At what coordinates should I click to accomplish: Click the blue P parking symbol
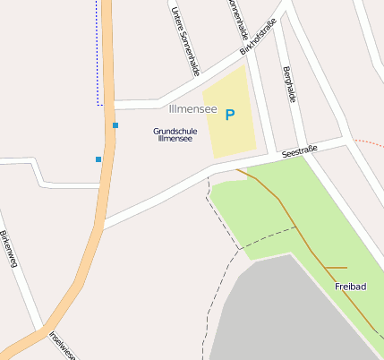point(230,115)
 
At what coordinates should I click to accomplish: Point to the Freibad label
point(350,287)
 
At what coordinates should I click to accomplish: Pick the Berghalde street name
point(288,84)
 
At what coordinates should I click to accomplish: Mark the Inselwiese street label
point(63,346)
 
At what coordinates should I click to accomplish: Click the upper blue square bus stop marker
point(115,125)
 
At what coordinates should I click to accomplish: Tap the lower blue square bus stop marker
point(98,159)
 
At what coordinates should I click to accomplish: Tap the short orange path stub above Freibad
point(336,268)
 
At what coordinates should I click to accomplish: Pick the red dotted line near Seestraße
point(367,142)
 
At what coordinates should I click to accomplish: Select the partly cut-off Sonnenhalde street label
point(236,18)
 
